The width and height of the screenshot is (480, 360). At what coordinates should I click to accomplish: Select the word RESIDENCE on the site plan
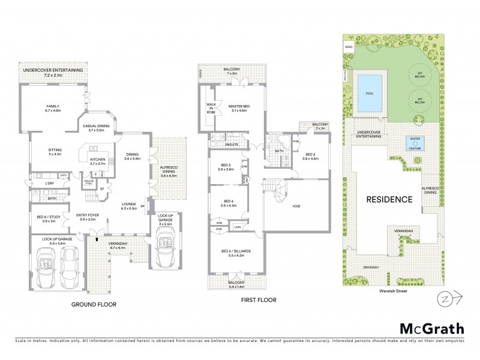coord(388,199)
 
